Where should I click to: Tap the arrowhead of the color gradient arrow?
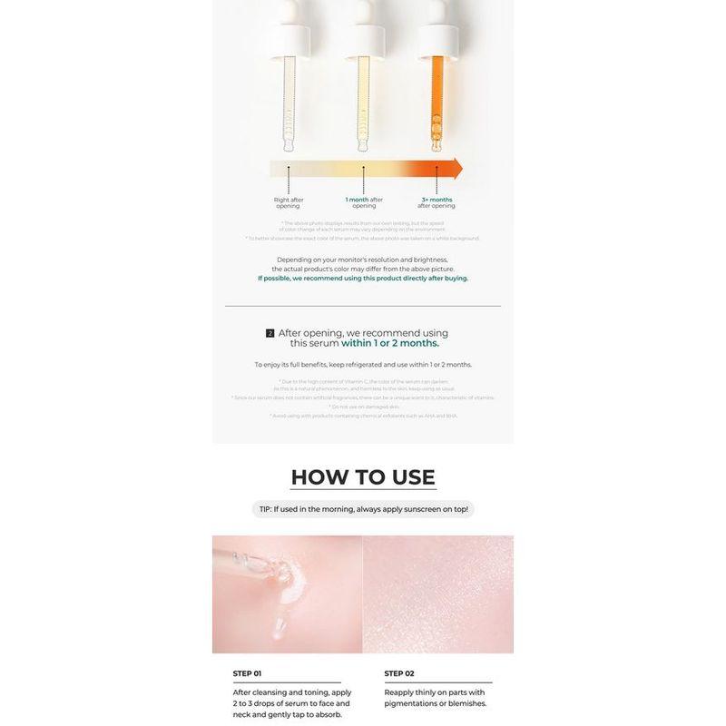pyautogui.click(x=456, y=169)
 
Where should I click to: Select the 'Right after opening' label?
pyautogui.click(x=288, y=202)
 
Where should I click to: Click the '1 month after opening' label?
pyautogui.click(x=364, y=202)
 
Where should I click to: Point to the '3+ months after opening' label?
pyautogui.click(x=437, y=202)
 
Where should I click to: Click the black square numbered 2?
pyautogui.click(x=270, y=333)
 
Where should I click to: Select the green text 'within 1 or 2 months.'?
pyautogui.click(x=390, y=344)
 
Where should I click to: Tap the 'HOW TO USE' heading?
pyautogui.click(x=363, y=477)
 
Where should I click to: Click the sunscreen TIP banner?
pyautogui.click(x=363, y=510)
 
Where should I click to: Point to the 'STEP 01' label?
pyautogui.click(x=247, y=673)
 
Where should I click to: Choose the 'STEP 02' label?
pyautogui.click(x=399, y=673)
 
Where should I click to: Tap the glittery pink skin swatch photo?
pyautogui.click(x=438, y=594)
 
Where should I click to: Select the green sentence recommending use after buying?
pyautogui.click(x=363, y=279)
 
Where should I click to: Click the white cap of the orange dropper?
pyautogui.click(x=437, y=32)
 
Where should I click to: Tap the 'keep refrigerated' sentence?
pyautogui.click(x=363, y=364)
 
